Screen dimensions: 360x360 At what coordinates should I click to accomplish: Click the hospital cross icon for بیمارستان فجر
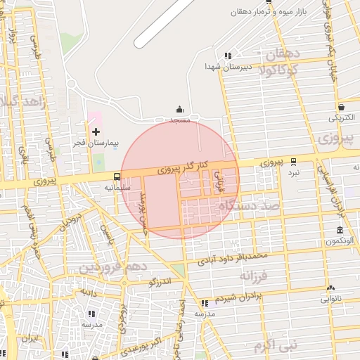(x=96, y=131)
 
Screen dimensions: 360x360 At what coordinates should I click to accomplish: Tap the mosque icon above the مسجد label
(x=180, y=109)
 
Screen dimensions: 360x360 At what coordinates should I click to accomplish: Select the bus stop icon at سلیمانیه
(x=116, y=176)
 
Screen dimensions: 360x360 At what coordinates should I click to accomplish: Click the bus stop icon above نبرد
(x=293, y=161)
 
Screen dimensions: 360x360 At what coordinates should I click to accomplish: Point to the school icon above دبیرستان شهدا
(x=227, y=56)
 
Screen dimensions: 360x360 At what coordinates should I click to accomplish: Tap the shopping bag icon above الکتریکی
(x=342, y=107)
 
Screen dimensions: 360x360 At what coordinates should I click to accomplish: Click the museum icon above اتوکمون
(x=340, y=231)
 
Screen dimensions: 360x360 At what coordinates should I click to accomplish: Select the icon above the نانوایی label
(x=330, y=287)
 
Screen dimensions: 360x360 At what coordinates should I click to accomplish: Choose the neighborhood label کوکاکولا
(x=280, y=70)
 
